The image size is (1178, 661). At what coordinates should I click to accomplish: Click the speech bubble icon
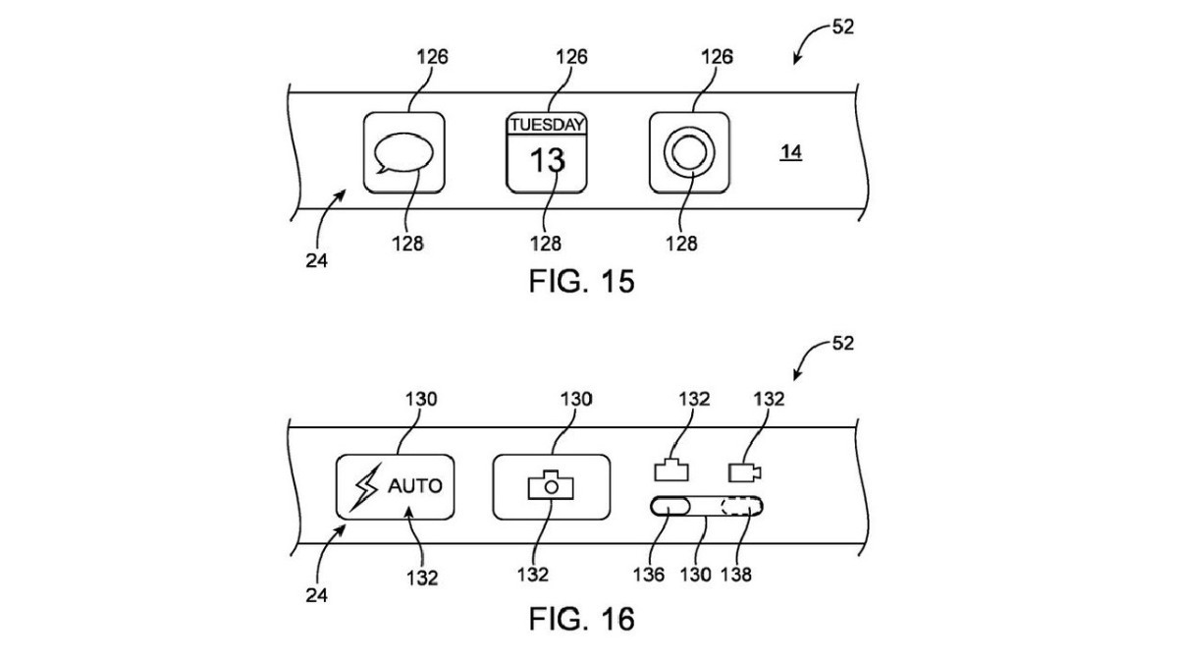point(402,154)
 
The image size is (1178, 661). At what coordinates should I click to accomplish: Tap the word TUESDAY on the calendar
point(547,125)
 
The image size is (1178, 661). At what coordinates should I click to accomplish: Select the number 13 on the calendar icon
point(547,159)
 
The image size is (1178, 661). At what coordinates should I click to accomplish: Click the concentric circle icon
point(688,154)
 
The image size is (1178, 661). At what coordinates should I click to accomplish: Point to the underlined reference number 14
point(791,152)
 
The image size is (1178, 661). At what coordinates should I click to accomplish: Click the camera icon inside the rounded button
point(551,484)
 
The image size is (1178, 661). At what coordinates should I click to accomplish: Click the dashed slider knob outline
point(741,508)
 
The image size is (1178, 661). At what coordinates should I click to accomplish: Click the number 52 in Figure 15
point(842,27)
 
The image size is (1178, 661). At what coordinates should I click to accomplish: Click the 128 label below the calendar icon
point(548,244)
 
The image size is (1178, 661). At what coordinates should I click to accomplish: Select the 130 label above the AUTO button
point(419,399)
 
